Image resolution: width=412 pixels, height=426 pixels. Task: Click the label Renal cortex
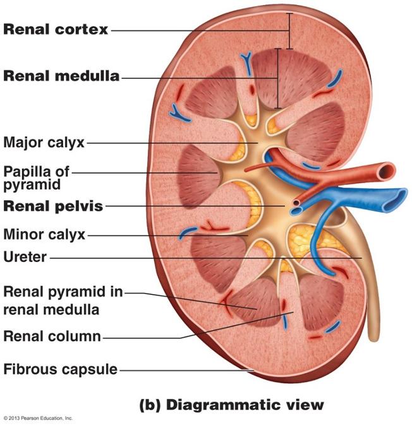coord(56,29)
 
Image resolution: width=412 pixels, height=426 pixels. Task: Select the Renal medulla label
coord(61,76)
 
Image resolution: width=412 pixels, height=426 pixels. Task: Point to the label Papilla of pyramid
coord(36,177)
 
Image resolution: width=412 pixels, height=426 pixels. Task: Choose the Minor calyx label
coord(44,235)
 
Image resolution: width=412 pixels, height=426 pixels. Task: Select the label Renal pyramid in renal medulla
coord(63,300)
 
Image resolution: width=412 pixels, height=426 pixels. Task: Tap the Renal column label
coord(52,336)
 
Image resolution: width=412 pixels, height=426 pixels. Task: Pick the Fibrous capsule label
coord(61,369)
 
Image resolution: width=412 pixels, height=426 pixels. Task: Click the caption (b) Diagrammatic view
coord(231,405)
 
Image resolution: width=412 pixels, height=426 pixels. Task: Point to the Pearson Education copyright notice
coord(38,418)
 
